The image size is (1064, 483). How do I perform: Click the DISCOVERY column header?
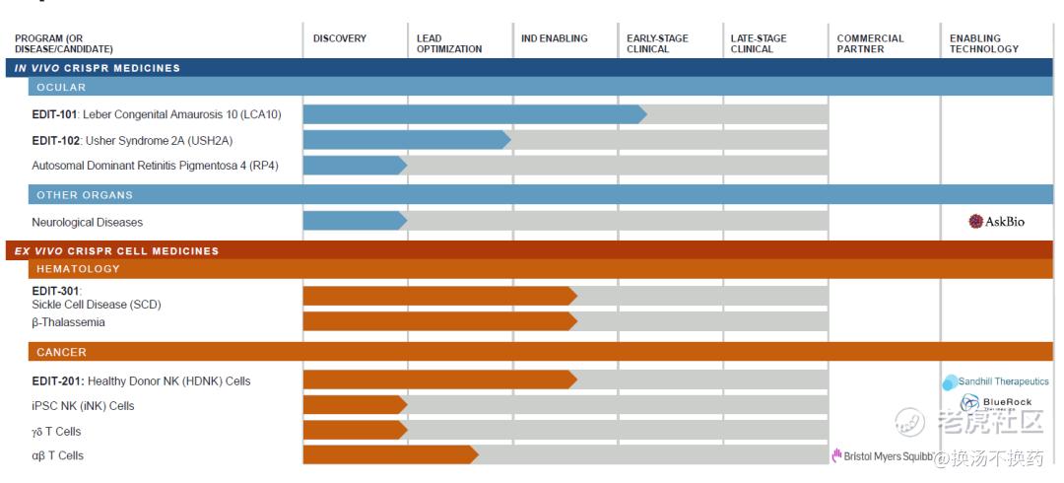coord(340,38)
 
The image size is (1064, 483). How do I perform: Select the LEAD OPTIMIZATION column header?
coord(449,43)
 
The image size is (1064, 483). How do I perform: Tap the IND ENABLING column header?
coord(555,38)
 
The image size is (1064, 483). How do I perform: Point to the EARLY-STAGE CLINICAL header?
coord(657,43)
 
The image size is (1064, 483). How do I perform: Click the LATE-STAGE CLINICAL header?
coord(759,43)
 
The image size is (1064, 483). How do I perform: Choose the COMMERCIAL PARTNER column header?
coord(870,43)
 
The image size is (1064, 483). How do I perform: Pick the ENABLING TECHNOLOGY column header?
coord(984,43)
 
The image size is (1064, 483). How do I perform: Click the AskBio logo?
coord(997,222)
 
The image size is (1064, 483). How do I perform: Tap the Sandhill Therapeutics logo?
coord(996,381)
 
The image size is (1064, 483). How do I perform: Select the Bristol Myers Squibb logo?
coord(881,456)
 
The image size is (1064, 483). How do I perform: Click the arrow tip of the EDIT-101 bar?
coord(642,114)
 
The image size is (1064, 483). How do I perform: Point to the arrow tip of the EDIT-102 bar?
coord(506,140)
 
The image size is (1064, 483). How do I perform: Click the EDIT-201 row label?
coord(148,380)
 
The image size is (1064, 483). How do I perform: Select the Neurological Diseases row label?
coord(87,222)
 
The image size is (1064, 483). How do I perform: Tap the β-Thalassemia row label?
coord(68,322)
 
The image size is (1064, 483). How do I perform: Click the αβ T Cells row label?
coord(57,455)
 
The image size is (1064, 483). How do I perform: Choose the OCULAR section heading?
coord(61,87)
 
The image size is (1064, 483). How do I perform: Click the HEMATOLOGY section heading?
coord(78,268)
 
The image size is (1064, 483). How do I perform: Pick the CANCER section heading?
coord(61,352)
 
